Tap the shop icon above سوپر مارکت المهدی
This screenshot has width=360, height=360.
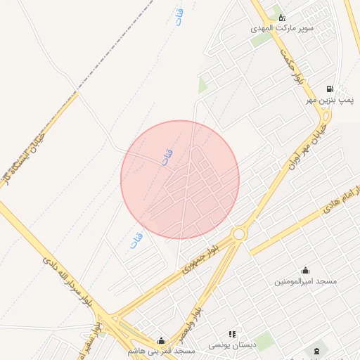[282, 17]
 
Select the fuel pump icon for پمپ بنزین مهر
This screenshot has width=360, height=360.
[329, 89]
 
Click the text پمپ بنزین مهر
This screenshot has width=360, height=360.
[328, 101]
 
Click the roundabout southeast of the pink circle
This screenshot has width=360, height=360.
[239, 233]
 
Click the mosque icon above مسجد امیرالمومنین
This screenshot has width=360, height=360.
[305, 270]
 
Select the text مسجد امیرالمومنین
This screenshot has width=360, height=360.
[305, 281]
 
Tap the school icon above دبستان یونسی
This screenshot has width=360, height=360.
[232, 335]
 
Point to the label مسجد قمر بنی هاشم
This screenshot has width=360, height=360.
[161, 350]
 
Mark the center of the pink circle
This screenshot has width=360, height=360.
[180, 179]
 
